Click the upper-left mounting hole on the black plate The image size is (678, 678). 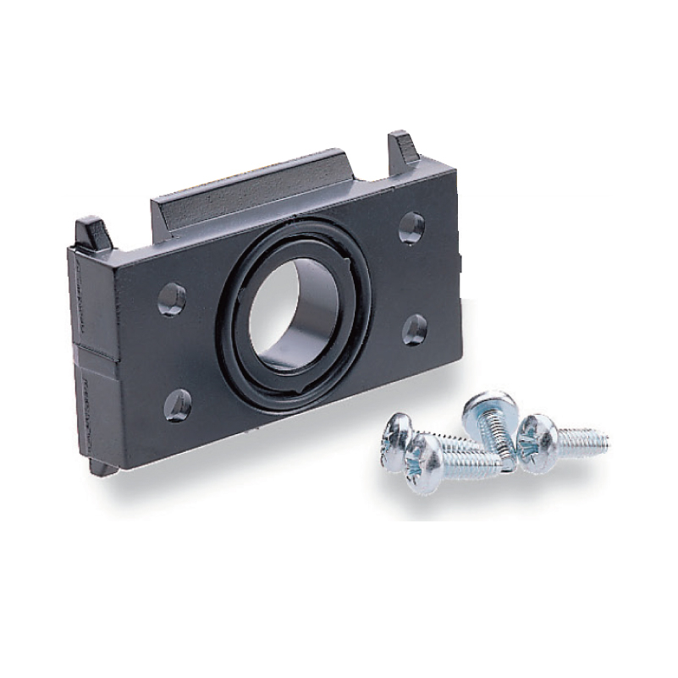(172, 298)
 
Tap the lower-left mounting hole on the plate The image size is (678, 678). (178, 405)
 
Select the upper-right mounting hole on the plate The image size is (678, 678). (411, 227)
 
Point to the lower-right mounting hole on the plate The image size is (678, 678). (414, 329)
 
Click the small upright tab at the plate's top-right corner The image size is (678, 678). (402, 148)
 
